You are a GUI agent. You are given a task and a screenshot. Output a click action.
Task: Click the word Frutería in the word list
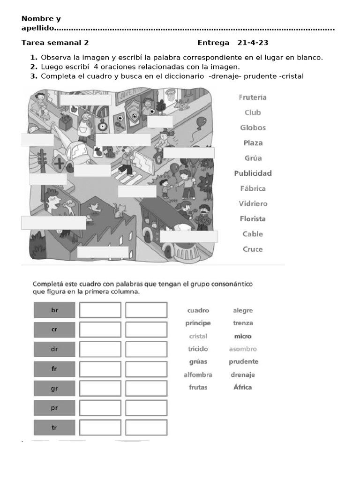coord(253,97)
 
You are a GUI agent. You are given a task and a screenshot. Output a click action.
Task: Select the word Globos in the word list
coord(253,128)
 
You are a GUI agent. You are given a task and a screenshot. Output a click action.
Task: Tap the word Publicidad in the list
coord(253,173)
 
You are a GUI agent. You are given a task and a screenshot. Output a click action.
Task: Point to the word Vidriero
coord(253,204)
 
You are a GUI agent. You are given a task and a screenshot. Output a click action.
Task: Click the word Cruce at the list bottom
coord(253,249)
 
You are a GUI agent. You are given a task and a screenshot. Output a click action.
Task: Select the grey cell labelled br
coord(54,310)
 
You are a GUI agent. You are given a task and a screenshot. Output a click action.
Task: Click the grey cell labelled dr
coord(54,349)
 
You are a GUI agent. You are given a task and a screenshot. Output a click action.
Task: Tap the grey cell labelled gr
coord(54,389)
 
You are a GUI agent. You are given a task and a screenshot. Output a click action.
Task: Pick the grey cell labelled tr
coord(54,427)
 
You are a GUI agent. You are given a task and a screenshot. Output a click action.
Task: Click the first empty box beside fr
coord(100,369)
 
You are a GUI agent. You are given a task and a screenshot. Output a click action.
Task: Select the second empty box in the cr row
coord(146,330)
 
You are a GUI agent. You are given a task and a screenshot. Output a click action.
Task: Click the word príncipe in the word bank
coord(198,323)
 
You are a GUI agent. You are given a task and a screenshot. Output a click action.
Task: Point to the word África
coord(242,387)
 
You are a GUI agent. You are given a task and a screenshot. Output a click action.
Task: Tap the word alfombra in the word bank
coord(198,375)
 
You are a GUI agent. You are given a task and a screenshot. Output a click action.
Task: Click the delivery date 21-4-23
coord(253,43)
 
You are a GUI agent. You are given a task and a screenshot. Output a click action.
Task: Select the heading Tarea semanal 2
coord(55,43)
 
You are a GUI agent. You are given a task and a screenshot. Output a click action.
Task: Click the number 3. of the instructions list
coord(33,76)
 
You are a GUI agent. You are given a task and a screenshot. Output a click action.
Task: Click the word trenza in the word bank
coord(242,323)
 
